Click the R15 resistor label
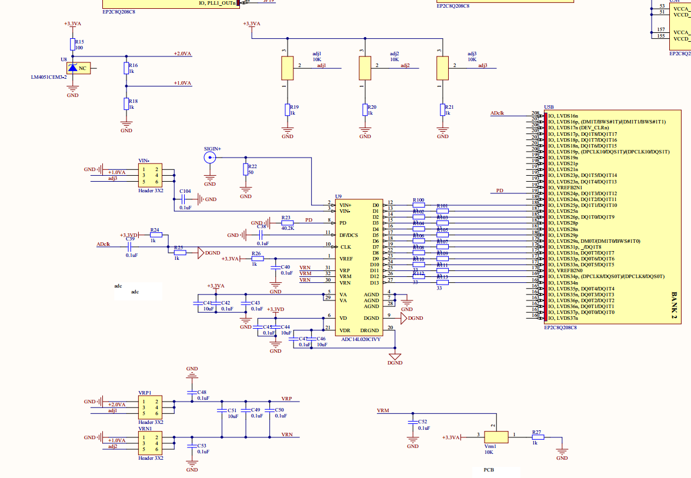[x=80, y=42]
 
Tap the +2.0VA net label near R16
[x=182, y=54]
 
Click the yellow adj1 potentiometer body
[x=287, y=68]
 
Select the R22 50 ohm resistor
[x=246, y=170]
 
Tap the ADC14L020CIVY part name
[x=361, y=339]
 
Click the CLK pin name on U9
[x=345, y=246]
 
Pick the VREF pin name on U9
[x=346, y=258]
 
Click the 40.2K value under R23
[x=287, y=228]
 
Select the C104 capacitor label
[x=185, y=191]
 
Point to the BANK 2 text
[x=675, y=306]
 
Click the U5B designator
[x=549, y=107]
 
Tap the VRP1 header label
[x=145, y=392]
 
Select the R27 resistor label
[x=536, y=432]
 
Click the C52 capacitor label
[x=422, y=422]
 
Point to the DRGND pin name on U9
[x=370, y=330]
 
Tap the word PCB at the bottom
[x=489, y=470]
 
